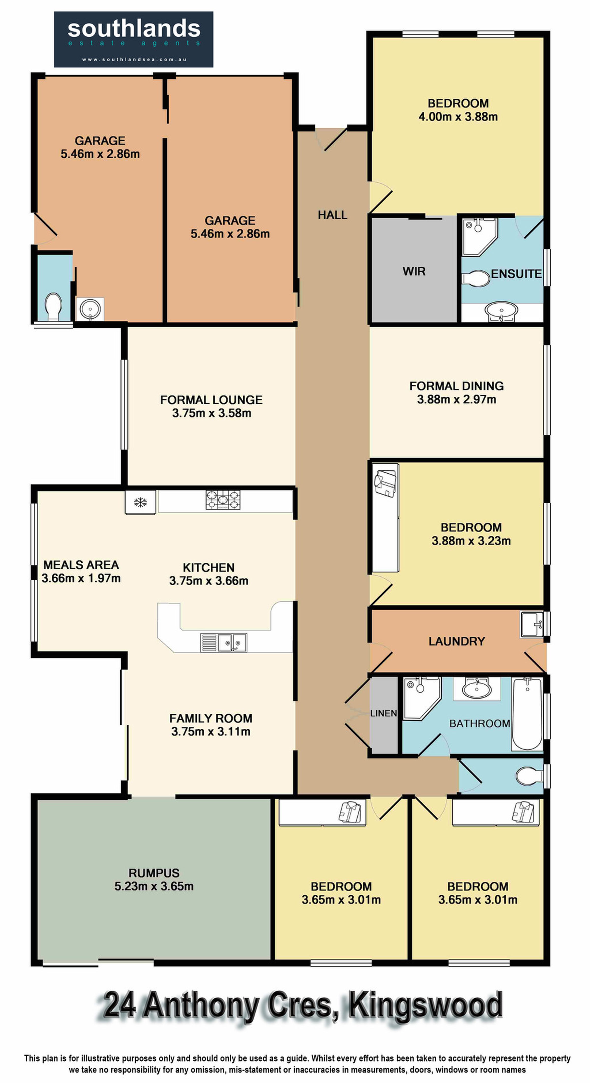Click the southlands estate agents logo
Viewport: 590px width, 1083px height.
(x=134, y=39)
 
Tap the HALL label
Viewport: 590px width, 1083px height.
(x=332, y=215)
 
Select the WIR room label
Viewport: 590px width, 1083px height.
(x=414, y=271)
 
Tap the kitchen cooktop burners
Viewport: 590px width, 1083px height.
(x=223, y=500)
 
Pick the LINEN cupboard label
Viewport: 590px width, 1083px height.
(x=383, y=713)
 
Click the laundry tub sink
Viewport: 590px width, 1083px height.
(x=531, y=625)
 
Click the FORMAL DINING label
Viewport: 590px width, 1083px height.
(x=456, y=386)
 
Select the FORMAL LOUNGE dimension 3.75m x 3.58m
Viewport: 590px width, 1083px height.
(x=211, y=413)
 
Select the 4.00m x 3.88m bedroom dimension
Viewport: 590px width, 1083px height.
(x=458, y=117)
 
